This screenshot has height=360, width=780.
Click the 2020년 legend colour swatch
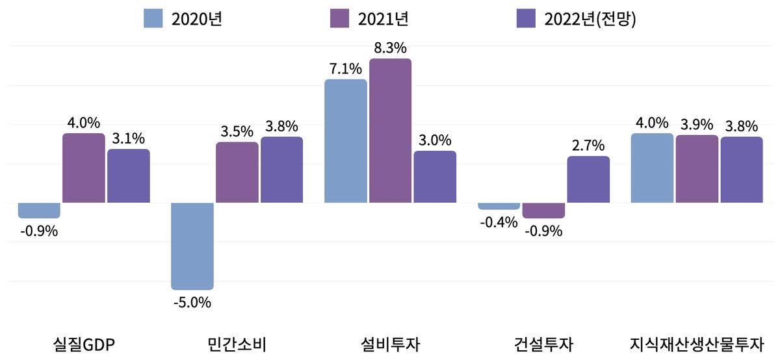[153, 18]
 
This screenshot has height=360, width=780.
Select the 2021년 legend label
[383, 18]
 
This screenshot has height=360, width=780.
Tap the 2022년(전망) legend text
[590, 18]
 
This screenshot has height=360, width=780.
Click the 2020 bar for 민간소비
[192, 246]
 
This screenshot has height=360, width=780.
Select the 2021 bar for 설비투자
[390, 131]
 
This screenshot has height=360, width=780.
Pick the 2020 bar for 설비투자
[345, 141]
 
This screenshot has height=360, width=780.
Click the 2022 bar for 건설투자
[588, 179]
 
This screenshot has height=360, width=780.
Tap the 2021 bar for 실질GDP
[83, 168]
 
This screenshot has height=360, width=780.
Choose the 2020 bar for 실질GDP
[39, 210]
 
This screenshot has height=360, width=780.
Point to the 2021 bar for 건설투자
[543, 210]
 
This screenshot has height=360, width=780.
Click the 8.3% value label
[390, 47]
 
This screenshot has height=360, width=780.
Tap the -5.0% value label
[192, 302]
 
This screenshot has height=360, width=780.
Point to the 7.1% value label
[345, 68]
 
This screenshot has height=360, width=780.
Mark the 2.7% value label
[588, 145]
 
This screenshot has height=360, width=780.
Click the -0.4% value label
[499, 222]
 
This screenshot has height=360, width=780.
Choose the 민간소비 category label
[237, 343]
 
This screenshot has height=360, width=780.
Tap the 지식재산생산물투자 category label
[697, 343]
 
